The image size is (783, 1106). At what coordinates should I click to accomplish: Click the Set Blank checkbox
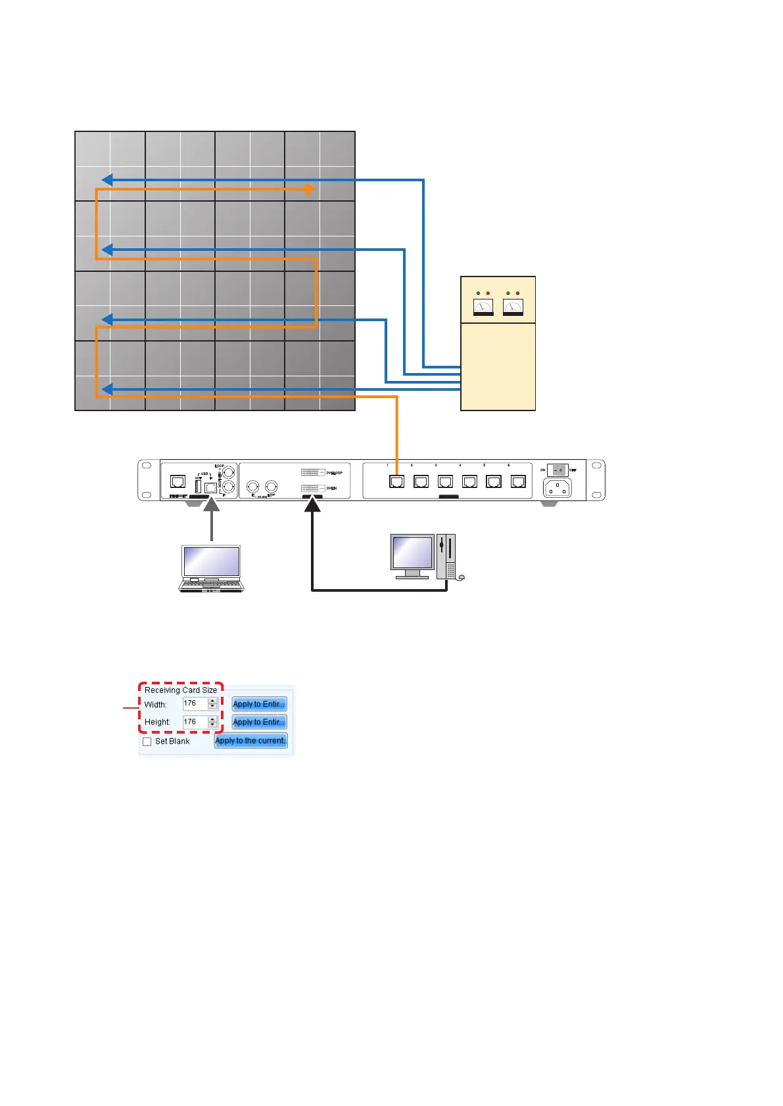point(147,741)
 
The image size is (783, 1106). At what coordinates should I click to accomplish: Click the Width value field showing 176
point(195,703)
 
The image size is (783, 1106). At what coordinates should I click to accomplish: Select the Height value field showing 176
point(195,722)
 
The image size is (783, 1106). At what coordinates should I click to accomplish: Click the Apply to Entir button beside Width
point(259,704)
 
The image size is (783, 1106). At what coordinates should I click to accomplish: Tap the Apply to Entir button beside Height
point(259,722)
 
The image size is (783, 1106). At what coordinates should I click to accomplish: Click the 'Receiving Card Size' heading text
point(181,690)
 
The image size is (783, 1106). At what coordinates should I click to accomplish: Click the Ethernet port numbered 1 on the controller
point(396,481)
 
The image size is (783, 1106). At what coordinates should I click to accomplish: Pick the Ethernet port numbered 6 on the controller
point(518,481)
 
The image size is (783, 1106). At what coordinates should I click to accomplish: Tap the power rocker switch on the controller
point(558,470)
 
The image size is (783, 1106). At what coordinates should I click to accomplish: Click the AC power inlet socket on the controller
point(558,487)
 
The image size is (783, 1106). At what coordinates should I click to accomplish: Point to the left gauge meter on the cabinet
point(483,307)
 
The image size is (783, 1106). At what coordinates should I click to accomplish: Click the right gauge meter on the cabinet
point(513,307)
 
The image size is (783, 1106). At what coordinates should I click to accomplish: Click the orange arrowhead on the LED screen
point(309,189)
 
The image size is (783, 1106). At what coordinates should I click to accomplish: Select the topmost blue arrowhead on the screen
point(107,180)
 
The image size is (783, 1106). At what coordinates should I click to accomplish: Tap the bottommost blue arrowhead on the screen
point(107,390)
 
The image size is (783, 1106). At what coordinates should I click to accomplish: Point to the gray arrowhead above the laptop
point(212,504)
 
